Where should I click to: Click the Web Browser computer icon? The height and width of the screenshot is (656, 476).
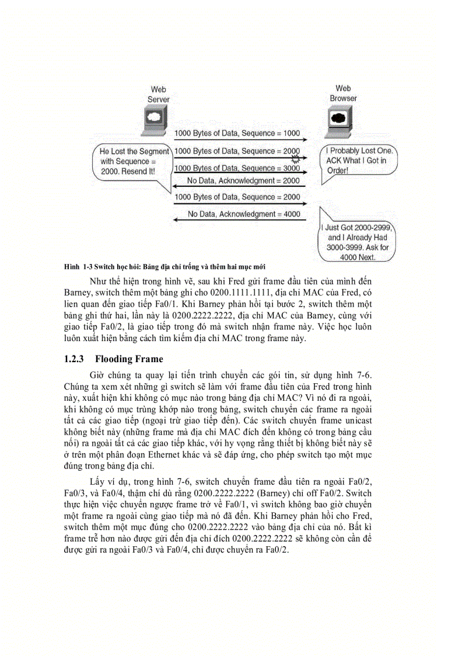click(x=337, y=119)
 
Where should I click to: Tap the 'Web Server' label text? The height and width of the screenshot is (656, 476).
click(x=158, y=95)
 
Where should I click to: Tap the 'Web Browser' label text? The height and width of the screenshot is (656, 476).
click(x=343, y=93)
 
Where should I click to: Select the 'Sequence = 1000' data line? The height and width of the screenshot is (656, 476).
click(x=237, y=134)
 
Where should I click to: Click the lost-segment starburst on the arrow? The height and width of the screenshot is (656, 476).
click(x=296, y=158)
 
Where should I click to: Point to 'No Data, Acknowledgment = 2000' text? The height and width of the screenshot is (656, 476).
click(x=243, y=181)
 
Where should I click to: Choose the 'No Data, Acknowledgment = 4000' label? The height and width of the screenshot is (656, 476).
click(x=243, y=214)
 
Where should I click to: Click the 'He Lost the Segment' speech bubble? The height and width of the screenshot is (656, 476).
click(x=132, y=162)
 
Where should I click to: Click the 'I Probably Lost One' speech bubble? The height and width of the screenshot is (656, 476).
click(x=359, y=160)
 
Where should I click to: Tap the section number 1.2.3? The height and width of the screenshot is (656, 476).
click(x=75, y=359)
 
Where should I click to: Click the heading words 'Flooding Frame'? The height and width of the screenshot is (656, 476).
click(x=129, y=359)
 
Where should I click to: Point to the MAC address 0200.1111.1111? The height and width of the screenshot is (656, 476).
click(x=243, y=292)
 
